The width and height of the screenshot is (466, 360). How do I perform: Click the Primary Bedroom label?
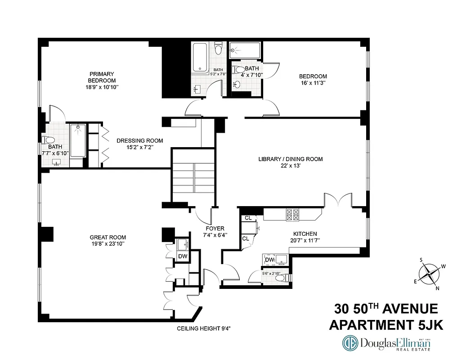pos(102,77)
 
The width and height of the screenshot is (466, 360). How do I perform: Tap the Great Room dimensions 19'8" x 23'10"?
pos(108,244)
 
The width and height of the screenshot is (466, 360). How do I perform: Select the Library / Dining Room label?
pos(290,159)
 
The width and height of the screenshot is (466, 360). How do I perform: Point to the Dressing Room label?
pos(139,140)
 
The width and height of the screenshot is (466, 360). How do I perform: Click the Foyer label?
pos(215,228)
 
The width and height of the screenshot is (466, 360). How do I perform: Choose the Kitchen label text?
pos(305,234)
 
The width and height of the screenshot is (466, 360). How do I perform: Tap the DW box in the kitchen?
pos(269,260)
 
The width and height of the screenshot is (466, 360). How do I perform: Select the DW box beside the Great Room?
pos(183,256)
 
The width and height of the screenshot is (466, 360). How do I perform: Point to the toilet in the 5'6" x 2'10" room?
pos(279,279)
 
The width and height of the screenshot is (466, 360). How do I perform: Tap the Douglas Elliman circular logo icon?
pos(350,343)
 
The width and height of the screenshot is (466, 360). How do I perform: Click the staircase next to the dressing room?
pos(193,178)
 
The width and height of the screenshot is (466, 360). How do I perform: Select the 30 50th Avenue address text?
pos(386,309)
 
